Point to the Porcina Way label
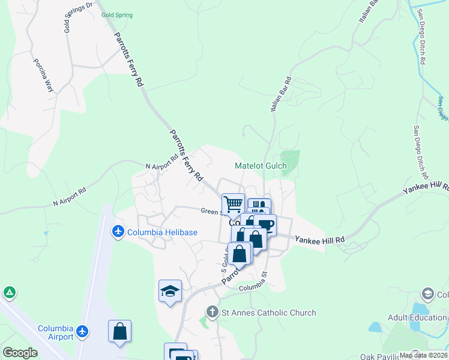point(43,75)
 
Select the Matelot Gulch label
point(261,166)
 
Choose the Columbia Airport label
point(55,332)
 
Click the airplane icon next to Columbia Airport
point(82,331)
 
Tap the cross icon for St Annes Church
point(212,312)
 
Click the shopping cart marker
point(233,204)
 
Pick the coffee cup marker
point(264,225)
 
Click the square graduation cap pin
point(170,291)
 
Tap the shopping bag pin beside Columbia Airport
point(119,331)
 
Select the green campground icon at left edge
point(9,293)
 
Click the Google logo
point(19,353)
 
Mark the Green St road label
point(211,211)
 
